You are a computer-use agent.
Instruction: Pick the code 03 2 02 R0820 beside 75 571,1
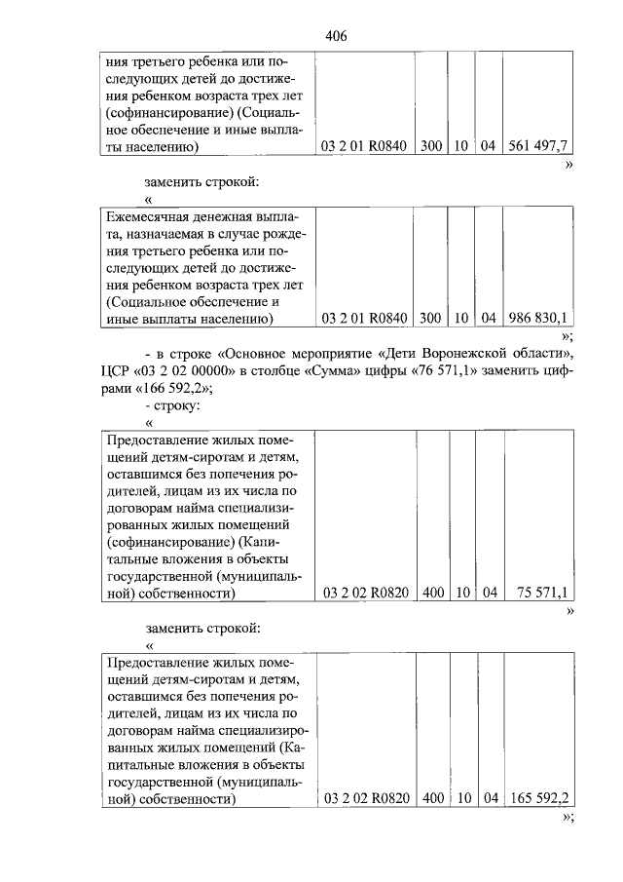(363, 592)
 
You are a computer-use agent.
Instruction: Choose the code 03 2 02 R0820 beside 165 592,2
(363, 797)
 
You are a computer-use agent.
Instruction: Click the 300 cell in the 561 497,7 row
(430, 146)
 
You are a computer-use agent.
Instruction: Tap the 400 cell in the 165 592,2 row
(430, 797)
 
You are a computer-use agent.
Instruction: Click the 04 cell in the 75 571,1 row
(490, 592)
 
